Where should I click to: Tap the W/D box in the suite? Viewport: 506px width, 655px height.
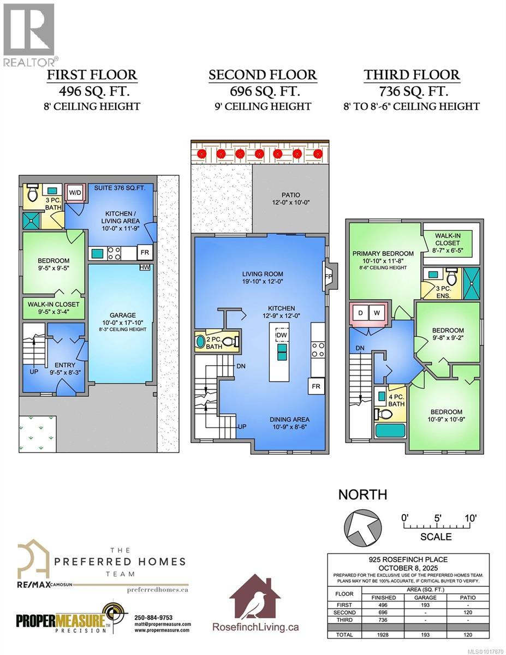pos(73,192)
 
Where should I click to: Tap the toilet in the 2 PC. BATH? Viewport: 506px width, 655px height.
pos(230,342)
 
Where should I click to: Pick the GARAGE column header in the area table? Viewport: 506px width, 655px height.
pos(424,598)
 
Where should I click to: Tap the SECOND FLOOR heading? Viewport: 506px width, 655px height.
pos(263,75)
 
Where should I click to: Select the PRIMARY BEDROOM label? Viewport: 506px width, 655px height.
pos(383,253)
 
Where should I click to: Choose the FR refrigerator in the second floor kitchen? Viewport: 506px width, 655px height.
pos(316,386)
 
